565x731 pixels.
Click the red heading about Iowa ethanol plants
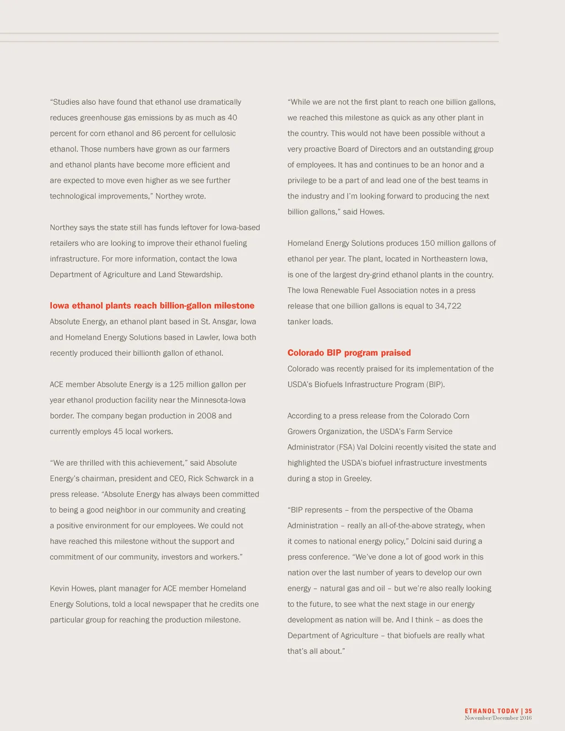[x=152, y=306]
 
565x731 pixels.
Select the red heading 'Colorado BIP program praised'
[x=349, y=353]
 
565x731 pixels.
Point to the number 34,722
[x=447, y=306]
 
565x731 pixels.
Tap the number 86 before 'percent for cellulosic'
[x=157, y=133]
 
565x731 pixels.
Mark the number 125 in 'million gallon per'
[x=177, y=384]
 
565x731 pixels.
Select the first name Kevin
[x=60, y=588]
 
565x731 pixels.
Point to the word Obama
[x=460, y=510]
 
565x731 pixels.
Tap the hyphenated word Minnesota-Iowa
[x=218, y=400]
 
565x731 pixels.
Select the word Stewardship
[x=199, y=274]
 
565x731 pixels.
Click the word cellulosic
[x=217, y=133]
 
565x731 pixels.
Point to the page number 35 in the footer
[x=529, y=711]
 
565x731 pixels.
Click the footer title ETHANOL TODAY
[x=492, y=711]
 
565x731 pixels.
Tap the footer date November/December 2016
[x=498, y=718]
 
